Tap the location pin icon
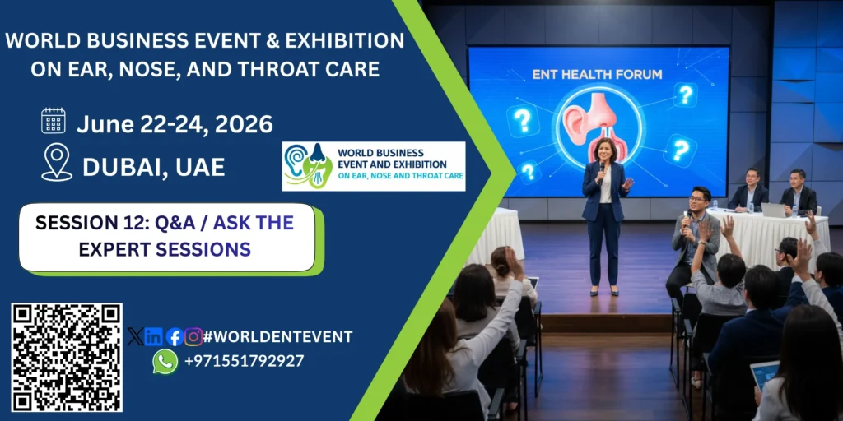pyautogui.click(x=57, y=162)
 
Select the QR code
pyautogui.click(x=67, y=358)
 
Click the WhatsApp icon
pyautogui.click(x=165, y=362)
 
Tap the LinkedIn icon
pyautogui.click(x=154, y=336)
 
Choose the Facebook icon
pyautogui.click(x=175, y=336)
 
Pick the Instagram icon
pyautogui.click(x=193, y=336)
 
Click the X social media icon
pyautogui.click(x=136, y=336)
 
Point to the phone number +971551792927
pyautogui.click(x=244, y=361)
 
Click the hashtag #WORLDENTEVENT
pyautogui.click(x=278, y=336)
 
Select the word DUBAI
pyautogui.click(x=121, y=168)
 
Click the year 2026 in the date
pyautogui.click(x=244, y=124)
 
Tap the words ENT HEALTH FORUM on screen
pyautogui.click(x=598, y=74)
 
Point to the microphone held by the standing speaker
pyautogui.click(x=602, y=171)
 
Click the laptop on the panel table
pyautogui.click(x=773, y=210)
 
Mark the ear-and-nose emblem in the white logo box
pyautogui.click(x=308, y=166)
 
